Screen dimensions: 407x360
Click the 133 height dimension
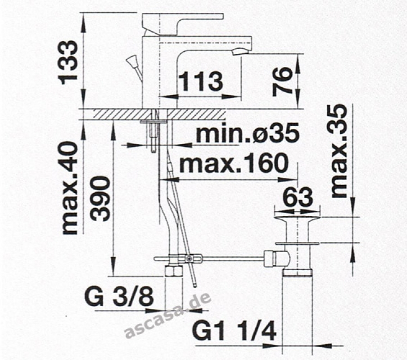coord(69,62)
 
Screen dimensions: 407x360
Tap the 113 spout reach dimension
coord(201,82)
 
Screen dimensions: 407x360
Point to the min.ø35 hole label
coord(248,133)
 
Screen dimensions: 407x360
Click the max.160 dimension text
coord(234,163)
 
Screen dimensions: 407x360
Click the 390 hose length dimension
coord(101,199)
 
